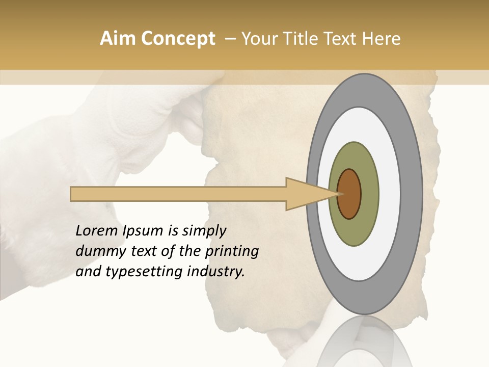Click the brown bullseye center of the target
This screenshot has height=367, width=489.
(x=349, y=194)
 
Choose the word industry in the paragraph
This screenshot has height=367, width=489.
(x=216, y=272)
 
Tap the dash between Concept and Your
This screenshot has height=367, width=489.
(x=230, y=39)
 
